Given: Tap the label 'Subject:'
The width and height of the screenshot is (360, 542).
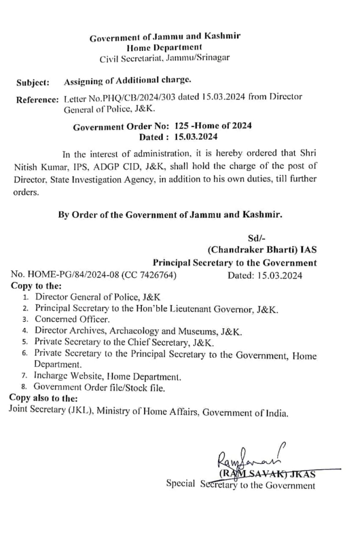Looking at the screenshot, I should pyautogui.click(x=33, y=83).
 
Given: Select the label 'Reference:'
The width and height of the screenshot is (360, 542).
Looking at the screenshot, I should pyautogui.click(x=37, y=100).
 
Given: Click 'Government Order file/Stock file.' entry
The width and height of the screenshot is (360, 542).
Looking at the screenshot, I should pyautogui.click(x=100, y=387).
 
